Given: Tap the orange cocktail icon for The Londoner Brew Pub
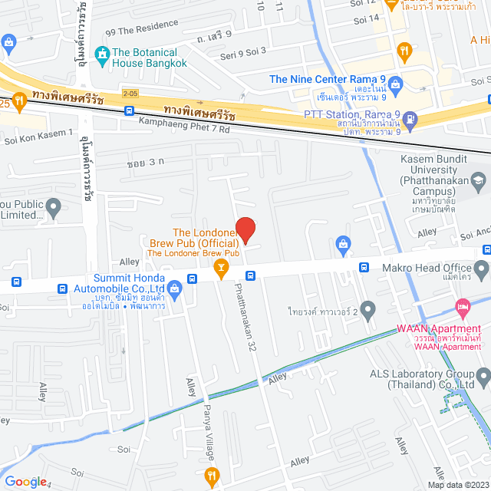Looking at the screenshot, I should (x=220, y=267).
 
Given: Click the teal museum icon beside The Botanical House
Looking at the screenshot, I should (x=101, y=53).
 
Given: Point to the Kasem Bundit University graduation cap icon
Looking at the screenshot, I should (x=478, y=182).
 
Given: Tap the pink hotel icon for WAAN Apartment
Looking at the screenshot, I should (x=462, y=309).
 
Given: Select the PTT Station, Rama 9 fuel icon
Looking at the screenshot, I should (x=410, y=118).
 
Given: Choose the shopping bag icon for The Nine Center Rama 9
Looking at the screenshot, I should (x=395, y=84).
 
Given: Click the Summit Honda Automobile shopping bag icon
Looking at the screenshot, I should (x=175, y=288).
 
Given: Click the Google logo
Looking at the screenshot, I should (x=25, y=481).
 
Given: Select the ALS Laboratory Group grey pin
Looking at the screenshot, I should (x=483, y=376).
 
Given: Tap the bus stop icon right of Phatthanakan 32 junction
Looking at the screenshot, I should (x=250, y=276).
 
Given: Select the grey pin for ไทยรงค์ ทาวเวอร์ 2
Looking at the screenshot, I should (x=368, y=310).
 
